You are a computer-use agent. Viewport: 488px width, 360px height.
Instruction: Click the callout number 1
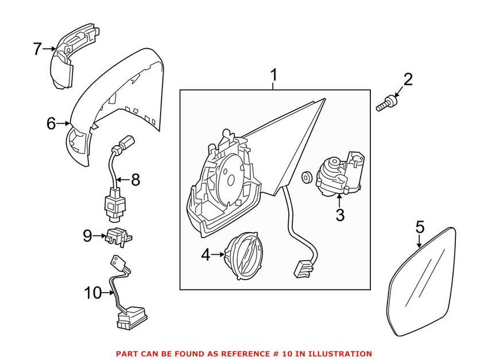[274, 75]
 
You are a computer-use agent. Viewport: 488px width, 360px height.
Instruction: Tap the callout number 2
[408, 80]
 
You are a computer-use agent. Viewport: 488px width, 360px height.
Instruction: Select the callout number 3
[340, 215]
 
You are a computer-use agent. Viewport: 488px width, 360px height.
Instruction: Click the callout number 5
[420, 227]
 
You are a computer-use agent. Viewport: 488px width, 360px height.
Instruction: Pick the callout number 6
[52, 123]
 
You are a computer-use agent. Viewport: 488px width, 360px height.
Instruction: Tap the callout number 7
[37, 49]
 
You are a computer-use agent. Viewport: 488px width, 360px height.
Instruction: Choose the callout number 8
[135, 180]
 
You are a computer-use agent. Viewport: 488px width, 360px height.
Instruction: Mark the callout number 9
[87, 235]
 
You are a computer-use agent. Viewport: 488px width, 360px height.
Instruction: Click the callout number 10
[92, 293]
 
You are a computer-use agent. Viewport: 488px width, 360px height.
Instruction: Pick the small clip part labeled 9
[117, 235]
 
